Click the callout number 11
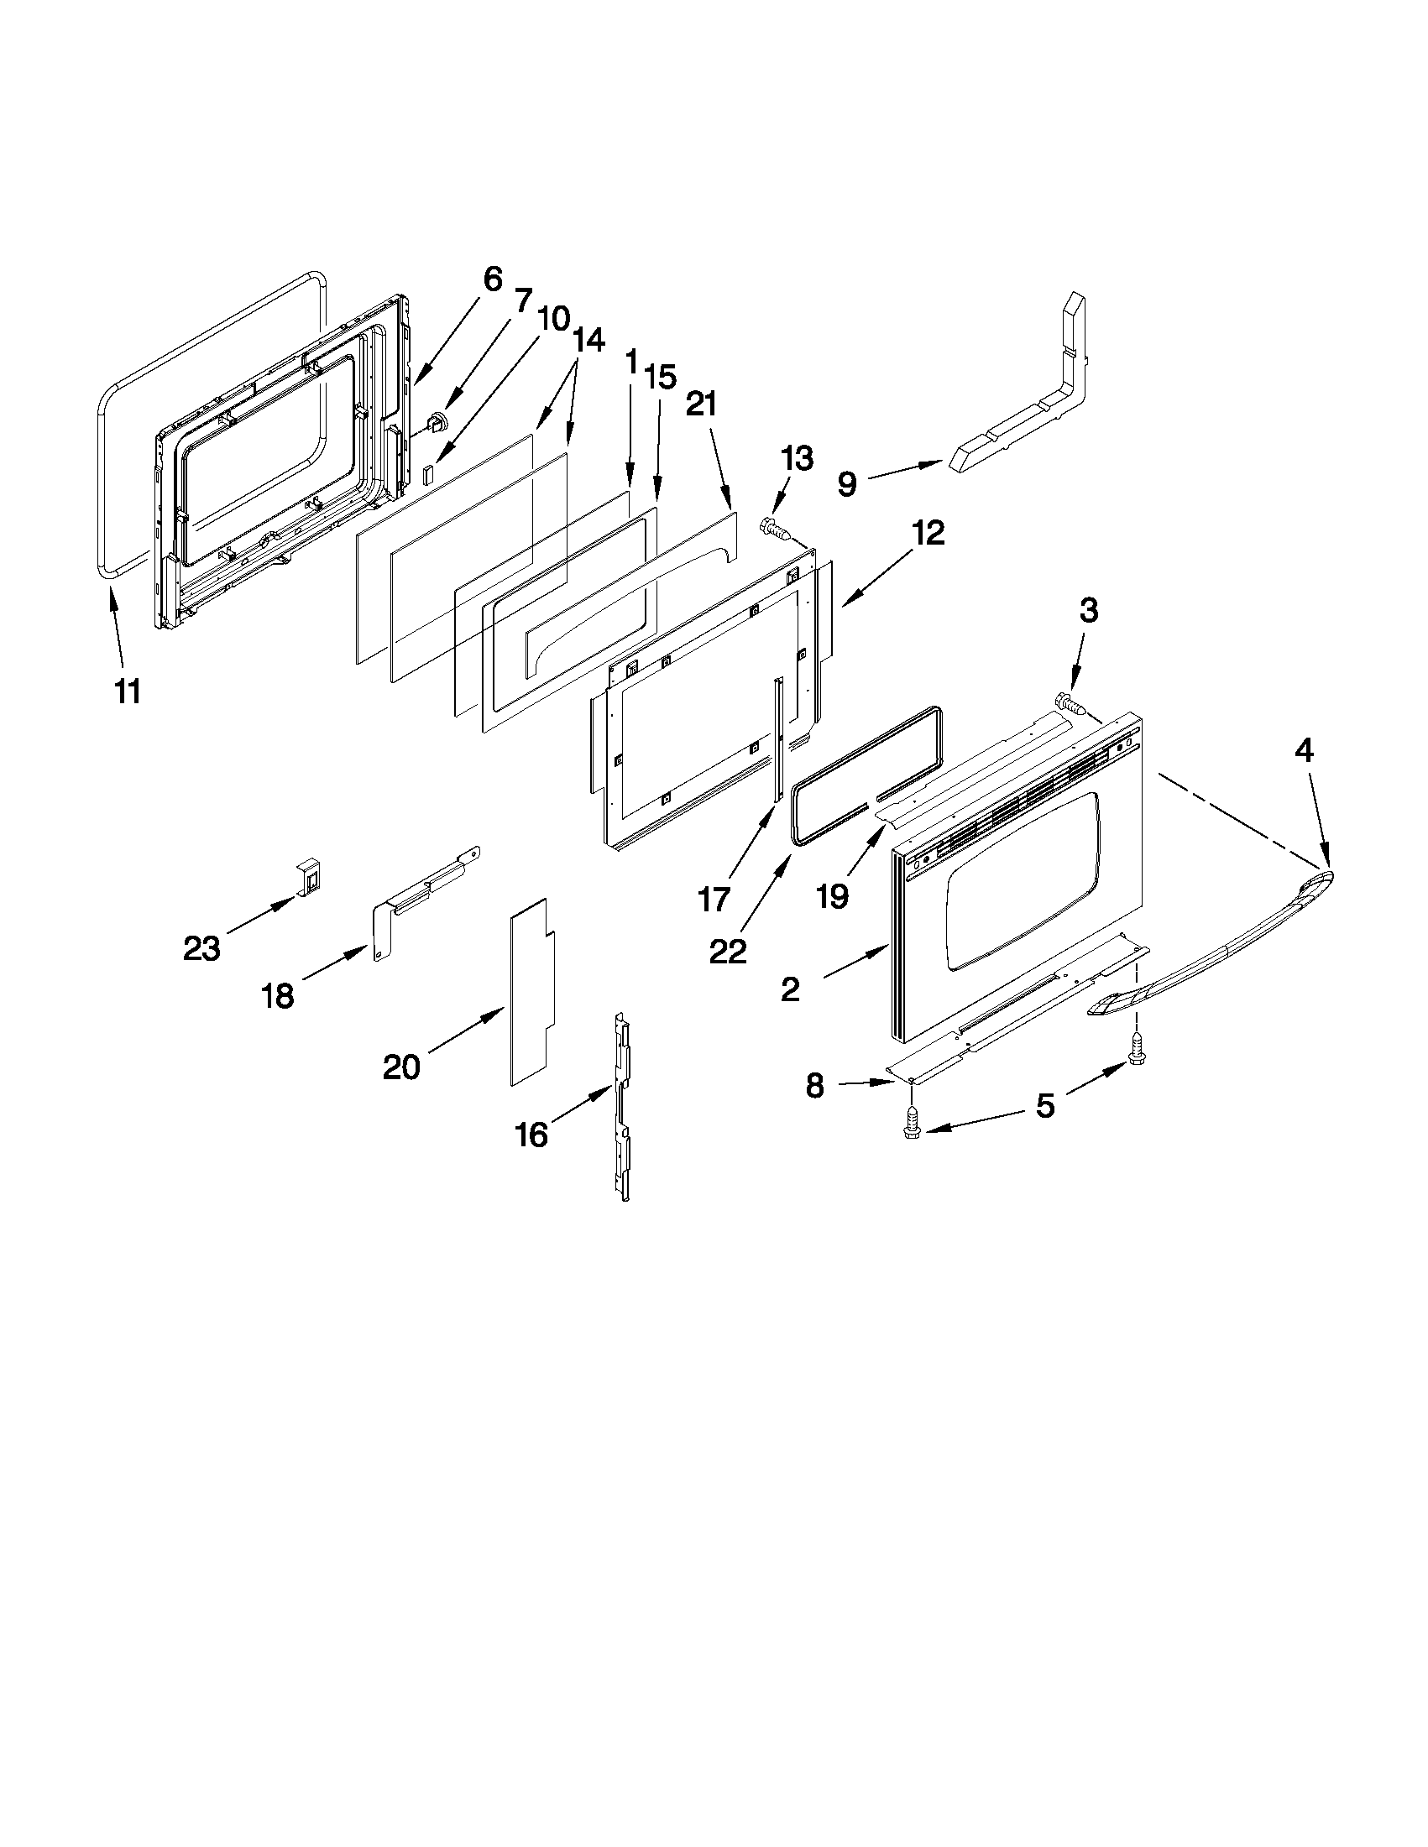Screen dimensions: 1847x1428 pyautogui.click(x=127, y=691)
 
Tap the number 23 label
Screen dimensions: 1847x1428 pyautogui.click(x=201, y=949)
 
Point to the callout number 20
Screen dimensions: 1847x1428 pyautogui.click(x=401, y=1067)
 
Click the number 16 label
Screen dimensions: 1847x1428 pyautogui.click(x=531, y=1135)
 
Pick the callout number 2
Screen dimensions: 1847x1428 pyautogui.click(x=790, y=989)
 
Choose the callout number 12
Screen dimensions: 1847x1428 pyautogui.click(x=928, y=533)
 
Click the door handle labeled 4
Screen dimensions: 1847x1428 pyautogui.click(x=1218, y=939)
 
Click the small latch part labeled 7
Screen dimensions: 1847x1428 pyautogui.click(x=438, y=420)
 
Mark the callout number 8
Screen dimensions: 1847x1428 pyautogui.click(x=814, y=1086)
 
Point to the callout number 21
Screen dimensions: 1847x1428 pyautogui.click(x=701, y=405)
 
